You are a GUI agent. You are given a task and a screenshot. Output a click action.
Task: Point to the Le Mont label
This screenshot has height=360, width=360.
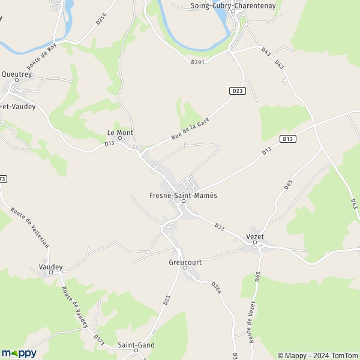(x=120, y=132)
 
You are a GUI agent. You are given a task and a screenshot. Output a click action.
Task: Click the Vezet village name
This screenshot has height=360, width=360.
(x=256, y=237)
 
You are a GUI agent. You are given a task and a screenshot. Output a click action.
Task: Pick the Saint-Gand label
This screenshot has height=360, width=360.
(x=136, y=344)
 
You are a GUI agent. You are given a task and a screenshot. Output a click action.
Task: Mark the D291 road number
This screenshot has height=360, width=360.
(x=199, y=61)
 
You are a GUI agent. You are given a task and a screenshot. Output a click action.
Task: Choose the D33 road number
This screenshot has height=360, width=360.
(x=220, y=226)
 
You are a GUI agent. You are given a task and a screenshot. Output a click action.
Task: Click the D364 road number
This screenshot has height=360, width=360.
(x=217, y=287)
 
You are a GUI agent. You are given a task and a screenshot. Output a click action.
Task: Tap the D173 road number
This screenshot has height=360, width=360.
(x=98, y=340)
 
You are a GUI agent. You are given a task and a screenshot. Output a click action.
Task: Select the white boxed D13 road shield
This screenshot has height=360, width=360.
(x=288, y=139)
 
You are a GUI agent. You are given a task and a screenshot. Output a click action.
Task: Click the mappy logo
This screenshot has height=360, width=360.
(x=19, y=353)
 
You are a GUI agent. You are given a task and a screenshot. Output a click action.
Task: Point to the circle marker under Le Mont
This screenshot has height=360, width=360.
(x=120, y=139)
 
